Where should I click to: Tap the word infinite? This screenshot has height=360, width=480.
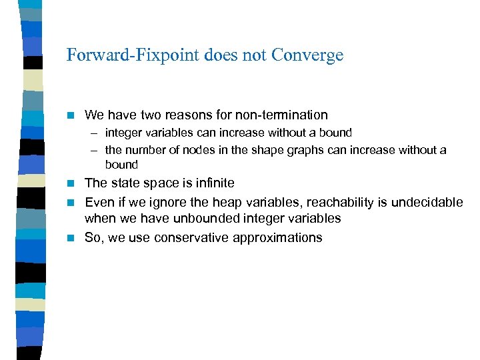click(x=212, y=183)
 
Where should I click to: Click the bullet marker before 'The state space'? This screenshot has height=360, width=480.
click(x=73, y=183)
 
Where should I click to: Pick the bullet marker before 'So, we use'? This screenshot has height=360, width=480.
click(x=73, y=238)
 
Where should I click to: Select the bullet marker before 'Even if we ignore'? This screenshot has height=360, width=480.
click(x=73, y=201)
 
